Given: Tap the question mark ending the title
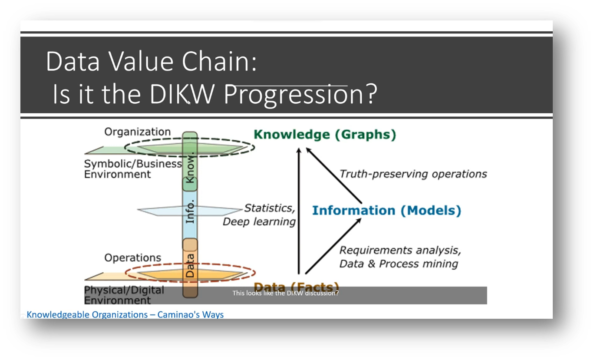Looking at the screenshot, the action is (x=370, y=94).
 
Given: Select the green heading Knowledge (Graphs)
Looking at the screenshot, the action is (x=325, y=135).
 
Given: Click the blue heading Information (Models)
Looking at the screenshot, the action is (x=386, y=211).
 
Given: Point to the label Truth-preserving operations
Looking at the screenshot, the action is (x=413, y=174).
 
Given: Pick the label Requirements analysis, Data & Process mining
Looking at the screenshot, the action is (x=399, y=257).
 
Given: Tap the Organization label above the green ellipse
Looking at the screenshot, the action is (x=137, y=132).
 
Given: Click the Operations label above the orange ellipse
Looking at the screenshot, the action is (x=132, y=258).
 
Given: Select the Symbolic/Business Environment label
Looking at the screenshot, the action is (x=132, y=169).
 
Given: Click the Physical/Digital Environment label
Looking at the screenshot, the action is (x=124, y=295).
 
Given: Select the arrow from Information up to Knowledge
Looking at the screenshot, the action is (x=334, y=176).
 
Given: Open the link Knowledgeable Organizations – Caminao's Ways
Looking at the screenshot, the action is (x=125, y=314).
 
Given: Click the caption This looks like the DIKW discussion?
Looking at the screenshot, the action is (x=285, y=293).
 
